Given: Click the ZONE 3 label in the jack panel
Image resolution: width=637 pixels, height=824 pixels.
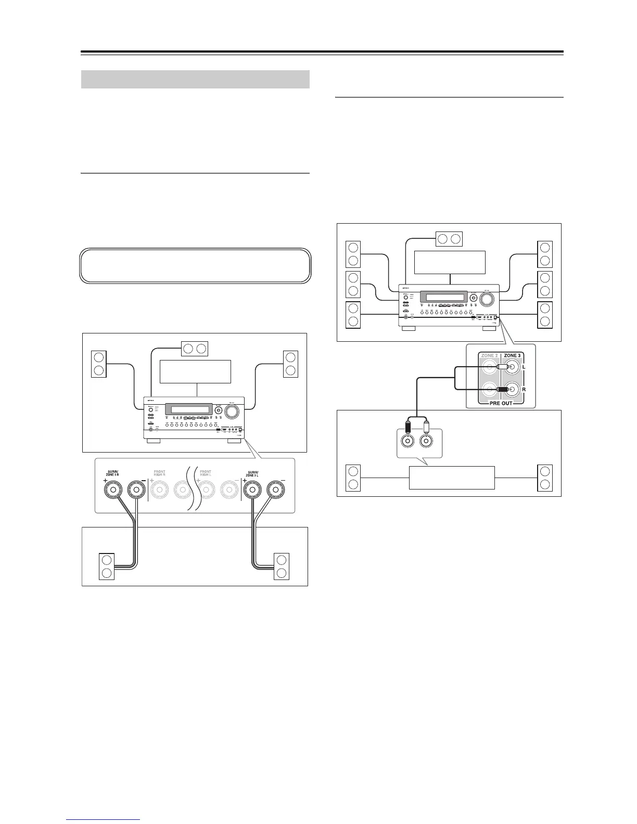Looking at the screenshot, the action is (x=512, y=355).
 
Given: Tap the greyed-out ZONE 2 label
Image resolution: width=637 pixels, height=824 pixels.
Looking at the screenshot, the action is (x=489, y=355).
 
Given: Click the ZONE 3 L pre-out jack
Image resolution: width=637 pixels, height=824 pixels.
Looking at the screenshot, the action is (x=512, y=367).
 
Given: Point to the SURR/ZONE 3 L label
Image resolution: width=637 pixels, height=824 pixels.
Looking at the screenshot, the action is (x=254, y=474).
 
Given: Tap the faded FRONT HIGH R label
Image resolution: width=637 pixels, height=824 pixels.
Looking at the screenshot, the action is (x=159, y=474).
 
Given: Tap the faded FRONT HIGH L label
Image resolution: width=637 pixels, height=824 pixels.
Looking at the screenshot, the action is (x=206, y=474).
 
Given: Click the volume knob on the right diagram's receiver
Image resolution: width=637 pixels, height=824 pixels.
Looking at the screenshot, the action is (x=488, y=299).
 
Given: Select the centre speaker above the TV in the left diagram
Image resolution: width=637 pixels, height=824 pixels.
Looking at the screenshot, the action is (x=194, y=349).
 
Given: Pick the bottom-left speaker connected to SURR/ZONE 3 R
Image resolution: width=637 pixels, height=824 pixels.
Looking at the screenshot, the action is (x=107, y=566).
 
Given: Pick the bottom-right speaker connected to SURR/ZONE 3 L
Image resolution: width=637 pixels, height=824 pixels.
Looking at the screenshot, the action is (x=282, y=566).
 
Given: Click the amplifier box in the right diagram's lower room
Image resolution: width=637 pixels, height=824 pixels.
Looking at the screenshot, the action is (x=452, y=478).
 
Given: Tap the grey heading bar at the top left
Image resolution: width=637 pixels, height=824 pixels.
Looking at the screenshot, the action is (x=196, y=80).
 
